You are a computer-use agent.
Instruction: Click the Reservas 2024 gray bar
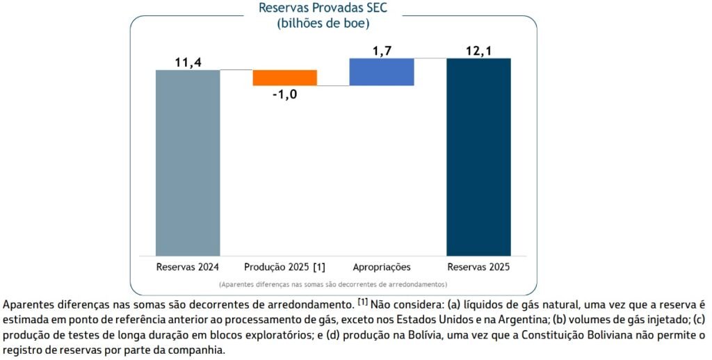click(x=188, y=163)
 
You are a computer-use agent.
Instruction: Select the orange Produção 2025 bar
click(x=284, y=77)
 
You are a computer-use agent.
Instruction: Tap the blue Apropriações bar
click(x=382, y=72)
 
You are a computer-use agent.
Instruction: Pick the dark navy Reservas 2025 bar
click(x=478, y=156)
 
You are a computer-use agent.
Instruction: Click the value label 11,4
click(x=188, y=63)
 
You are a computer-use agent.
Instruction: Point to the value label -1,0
click(x=284, y=95)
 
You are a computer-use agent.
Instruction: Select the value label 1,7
click(x=382, y=51)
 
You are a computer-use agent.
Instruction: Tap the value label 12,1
click(x=478, y=51)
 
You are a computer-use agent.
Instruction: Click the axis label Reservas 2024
click(x=188, y=267)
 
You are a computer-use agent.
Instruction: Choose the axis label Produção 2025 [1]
click(x=284, y=267)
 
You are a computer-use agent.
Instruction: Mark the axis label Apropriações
click(x=382, y=267)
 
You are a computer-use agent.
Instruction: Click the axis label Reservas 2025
click(x=478, y=267)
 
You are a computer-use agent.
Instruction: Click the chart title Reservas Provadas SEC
click(x=323, y=8)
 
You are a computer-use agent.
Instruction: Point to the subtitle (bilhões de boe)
click(x=323, y=23)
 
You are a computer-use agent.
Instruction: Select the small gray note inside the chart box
click(x=332, y=284)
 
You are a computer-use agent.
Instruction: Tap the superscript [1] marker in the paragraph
click(x=363, y=302)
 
